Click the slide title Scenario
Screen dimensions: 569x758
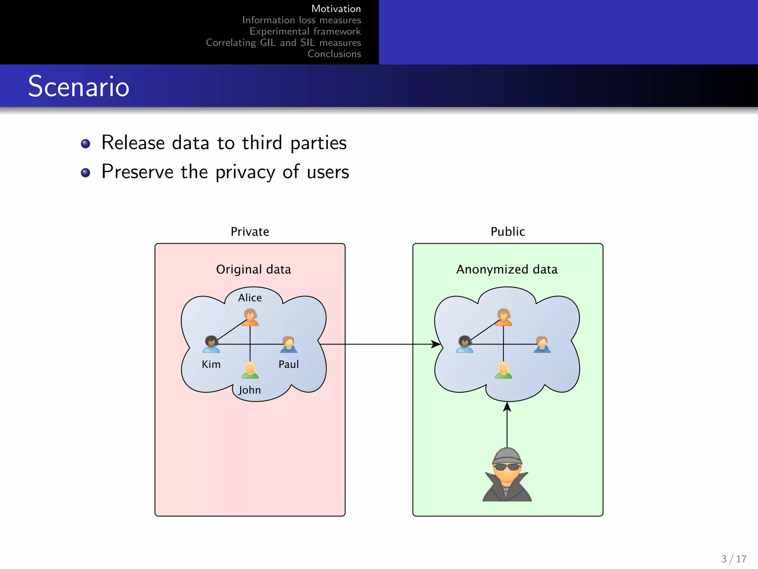click(78, 86)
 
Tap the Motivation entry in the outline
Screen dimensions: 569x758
click(336, 9)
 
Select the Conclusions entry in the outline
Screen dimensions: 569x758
click(334, 54)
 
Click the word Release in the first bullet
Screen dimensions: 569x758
click(133, 143)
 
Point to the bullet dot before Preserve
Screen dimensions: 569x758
click(85, 173)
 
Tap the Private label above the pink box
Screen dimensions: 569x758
click(250, 232)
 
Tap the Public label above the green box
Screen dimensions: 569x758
click(507, 232)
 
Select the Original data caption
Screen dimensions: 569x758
click(254, 269)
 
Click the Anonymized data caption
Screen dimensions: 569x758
click(507, 269)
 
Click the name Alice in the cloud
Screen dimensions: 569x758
click(250, 298)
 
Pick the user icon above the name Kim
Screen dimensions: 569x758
click(211, 344)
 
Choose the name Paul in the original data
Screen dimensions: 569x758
click(288, 365)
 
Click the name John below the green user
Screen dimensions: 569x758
click(250, 390)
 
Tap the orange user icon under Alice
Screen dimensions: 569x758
click(250, 317)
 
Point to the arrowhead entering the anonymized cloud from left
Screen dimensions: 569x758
click(436, 344)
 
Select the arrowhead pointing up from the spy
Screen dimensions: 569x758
click(507, 407)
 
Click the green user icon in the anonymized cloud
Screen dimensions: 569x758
click(503, 370)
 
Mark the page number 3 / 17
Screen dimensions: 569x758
click(734, 559)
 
